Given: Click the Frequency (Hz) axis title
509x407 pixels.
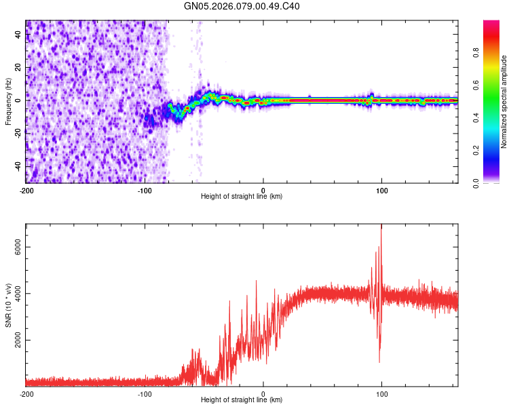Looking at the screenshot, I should tap(8, 101).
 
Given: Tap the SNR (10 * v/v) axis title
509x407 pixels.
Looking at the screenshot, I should tap(8, 306).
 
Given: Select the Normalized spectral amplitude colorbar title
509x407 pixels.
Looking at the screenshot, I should tap(504, 101).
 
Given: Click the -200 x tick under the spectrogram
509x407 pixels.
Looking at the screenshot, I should tap(26, 190).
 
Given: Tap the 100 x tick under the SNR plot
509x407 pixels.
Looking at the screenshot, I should tap(381, 393).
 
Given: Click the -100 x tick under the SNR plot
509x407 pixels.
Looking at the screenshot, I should tap(145, 393).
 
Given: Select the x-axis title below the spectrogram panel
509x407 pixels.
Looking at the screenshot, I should tap(242, 197).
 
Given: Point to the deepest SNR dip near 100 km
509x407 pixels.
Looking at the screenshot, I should tap(379, 361).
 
